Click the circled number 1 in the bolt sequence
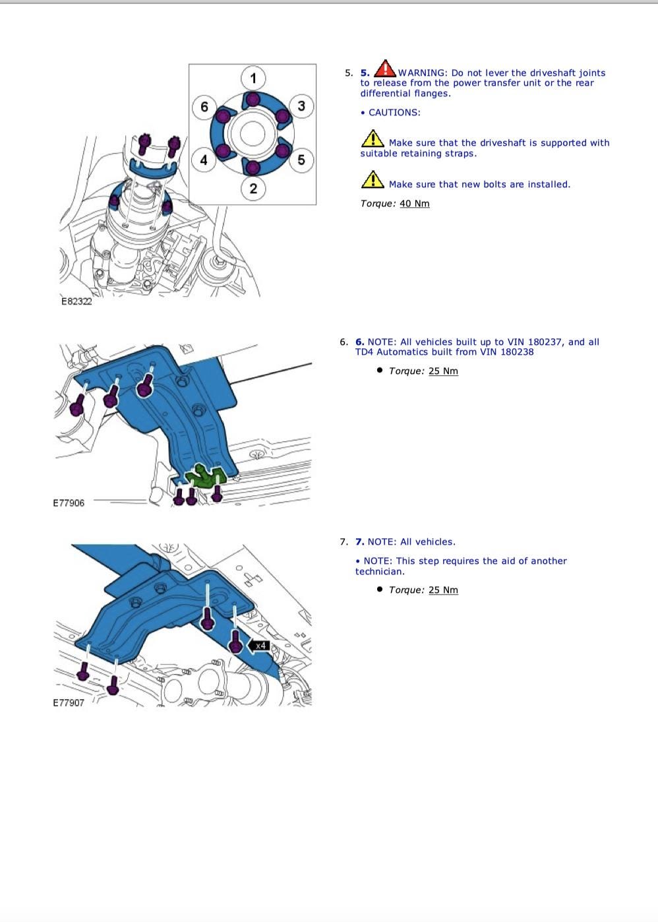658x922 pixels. tap(253, 78)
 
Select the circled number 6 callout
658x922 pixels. tap(204, 107)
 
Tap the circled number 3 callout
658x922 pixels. tap(301, 106)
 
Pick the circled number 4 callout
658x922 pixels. tap(204, 160)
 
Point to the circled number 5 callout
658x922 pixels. tap(301, 160)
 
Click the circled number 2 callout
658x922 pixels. tap(253, 189)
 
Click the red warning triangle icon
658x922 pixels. tap(385, 69)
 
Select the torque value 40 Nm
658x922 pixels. tap(415, 203)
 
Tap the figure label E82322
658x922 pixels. tap(76, 301)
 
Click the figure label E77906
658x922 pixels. tap(69, 503)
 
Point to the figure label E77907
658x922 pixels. tap(69, 702)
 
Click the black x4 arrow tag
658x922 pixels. tap(258, 646)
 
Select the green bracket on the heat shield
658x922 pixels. tap(206, 476)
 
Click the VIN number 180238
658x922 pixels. tap(517, 352)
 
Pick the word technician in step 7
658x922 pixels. tap(378, 571)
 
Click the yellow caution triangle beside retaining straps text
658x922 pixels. tap(373, 138)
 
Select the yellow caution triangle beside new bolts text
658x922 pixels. tap(373, 179)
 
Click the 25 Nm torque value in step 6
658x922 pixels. tap(443, 371)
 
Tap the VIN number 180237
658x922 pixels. tap(545, 342)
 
